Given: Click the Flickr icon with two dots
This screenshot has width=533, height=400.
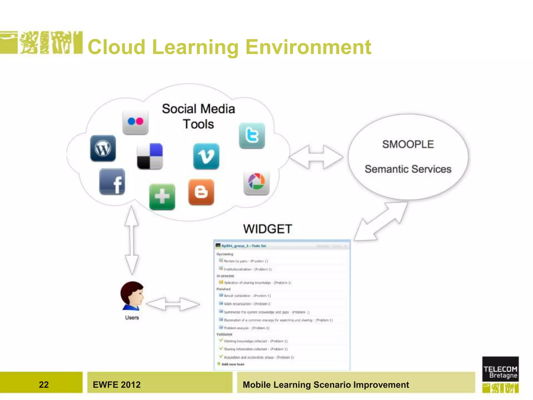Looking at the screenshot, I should [x=135, y=122].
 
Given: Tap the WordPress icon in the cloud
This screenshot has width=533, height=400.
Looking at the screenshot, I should [x=103, y=148].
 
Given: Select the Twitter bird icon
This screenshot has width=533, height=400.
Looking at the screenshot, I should [x=252, y=136].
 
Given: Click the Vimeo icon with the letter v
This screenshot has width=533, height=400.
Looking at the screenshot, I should [x=206, y=156].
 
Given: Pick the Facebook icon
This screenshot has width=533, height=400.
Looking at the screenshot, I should [x=112, y=182].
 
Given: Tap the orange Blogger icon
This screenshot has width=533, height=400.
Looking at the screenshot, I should [x=201, y=192].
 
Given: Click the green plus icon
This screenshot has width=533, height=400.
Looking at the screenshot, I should [x=162, y=197].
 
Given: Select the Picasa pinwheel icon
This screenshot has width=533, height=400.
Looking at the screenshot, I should [x=256, y=182].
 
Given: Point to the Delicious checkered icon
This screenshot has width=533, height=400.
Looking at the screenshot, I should [x=150, y=156].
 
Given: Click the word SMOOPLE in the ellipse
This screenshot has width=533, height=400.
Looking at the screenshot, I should [x=408, y=144].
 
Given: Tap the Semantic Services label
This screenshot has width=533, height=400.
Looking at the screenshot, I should [x=408, y=169].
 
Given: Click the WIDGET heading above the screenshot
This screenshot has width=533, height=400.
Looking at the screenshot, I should [x=268, y=229].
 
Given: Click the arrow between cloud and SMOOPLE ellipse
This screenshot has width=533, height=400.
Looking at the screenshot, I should [x=316, y=157].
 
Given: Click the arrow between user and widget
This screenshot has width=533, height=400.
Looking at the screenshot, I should [x=173, y=304].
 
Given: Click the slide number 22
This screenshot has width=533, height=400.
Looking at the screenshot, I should [x=44, y=385].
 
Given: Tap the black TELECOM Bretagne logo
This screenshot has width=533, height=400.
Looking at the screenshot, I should [x=500, y=369].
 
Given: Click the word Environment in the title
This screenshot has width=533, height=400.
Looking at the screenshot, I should [x=308, y=47].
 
